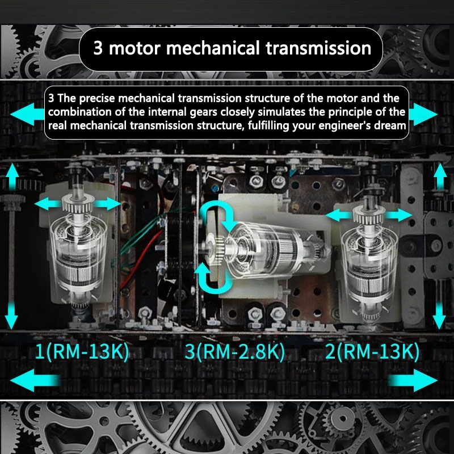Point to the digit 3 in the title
[x=98, y=47]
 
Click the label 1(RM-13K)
[x=82, y=352]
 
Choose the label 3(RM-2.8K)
[x=234, y=352]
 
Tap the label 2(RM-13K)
[x=372, y=352]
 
